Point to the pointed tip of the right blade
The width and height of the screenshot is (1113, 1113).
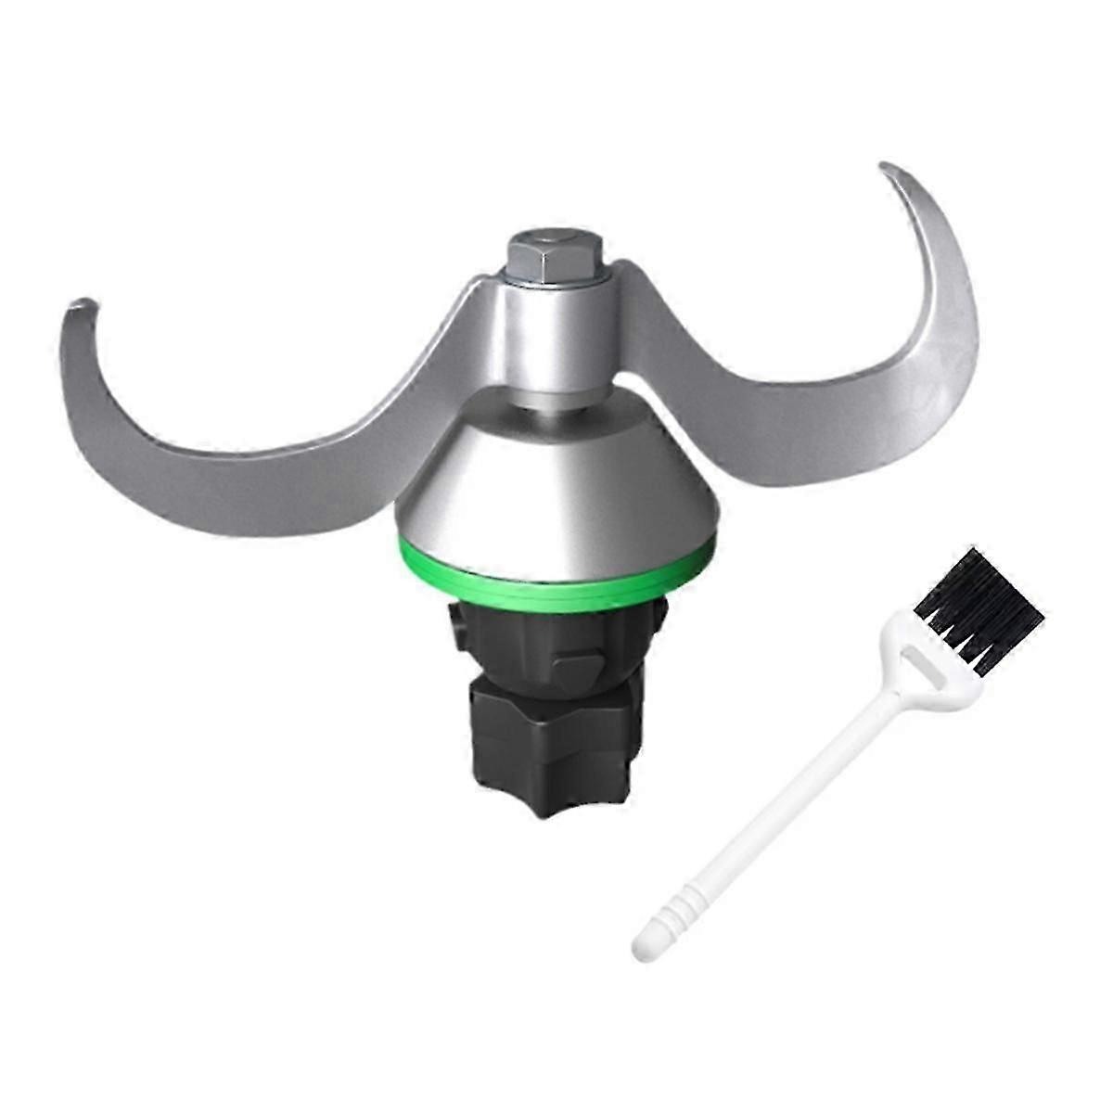coord(887,168)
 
